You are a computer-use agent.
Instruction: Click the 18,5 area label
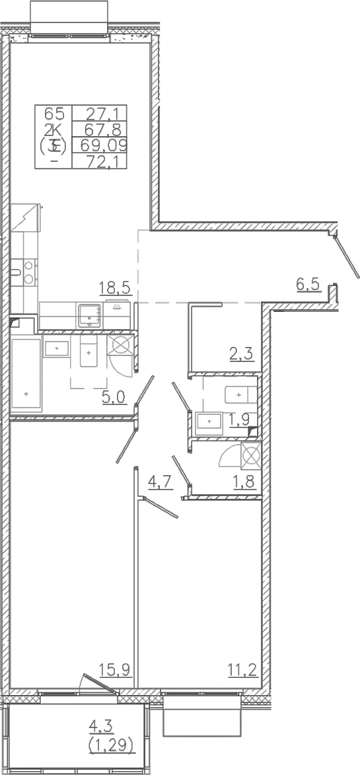click(x=116, y=288)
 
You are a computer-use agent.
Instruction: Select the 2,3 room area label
click(x=242, y=354)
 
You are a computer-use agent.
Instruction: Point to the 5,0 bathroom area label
click(x=114, y=397)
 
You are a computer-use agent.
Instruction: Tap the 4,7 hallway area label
click(x=161, y=482)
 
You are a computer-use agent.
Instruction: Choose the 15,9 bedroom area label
click(x=116, y=671)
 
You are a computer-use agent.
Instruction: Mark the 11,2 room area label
click(x=242, y=671)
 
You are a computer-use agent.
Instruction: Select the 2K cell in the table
click(x=54, y=129)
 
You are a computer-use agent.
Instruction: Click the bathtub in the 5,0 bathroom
click(x=26, y=374)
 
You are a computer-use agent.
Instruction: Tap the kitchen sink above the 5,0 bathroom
click(x=90, y=315)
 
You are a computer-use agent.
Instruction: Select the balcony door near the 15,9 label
click(x=99, y=684)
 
